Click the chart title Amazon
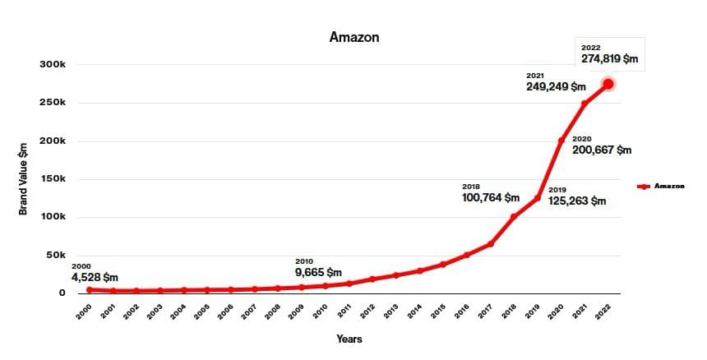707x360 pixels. pyautogui.click(x=353, y=37)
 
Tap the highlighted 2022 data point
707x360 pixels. pyautogui.click(x=608, y=84)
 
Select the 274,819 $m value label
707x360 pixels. pyautogui.click(x=609, y=59)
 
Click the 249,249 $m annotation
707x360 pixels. pyautogui.click(x=556, y=86)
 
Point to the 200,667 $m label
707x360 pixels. pyautogui.click(x=602, y=150)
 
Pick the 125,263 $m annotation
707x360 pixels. pyautogui.click(x=576, y=201)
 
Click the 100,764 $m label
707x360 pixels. pyautogui.click(x=490, y=198)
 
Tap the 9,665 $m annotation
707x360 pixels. pyautogui.click(x=318, y=272)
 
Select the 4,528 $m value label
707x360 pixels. pyautogui.click(x=95, y=277)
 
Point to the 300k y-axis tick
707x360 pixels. pyautogui.click(x=64, y=65)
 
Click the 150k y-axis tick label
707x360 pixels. pyautogui.click(x=64, y=179)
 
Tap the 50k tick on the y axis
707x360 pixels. pyautogui.click(x=67, y=256)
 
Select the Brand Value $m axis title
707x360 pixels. pyautogui.click(x=24, y=178)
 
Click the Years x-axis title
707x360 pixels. pyautogui.click(x=349, y=339)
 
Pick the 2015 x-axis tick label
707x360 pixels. pyautogui.click(x=440, y=312)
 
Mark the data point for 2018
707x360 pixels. pyautogui.click(x=514, y=217)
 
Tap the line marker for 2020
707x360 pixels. pyautogui.click(x=561, y=141)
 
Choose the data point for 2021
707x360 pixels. pyautogui.click(x=585, y=104)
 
